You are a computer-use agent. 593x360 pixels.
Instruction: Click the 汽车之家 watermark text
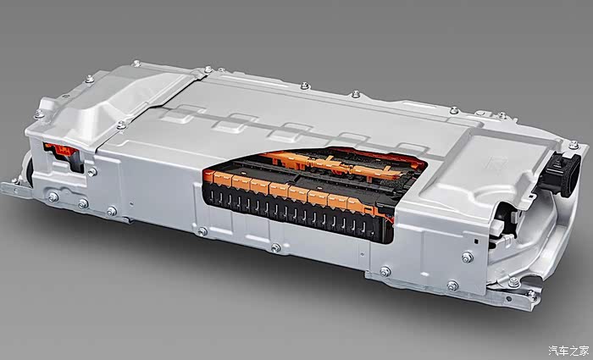coord(568,351)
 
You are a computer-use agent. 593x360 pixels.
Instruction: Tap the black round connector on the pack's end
coord(563,174)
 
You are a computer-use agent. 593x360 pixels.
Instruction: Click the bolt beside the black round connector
coord(574,145)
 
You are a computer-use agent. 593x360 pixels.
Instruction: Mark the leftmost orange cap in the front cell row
coord(208,176)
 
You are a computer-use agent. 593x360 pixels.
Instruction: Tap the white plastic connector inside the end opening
coord(498,226)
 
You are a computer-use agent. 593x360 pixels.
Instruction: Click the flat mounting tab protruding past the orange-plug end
coord(15,188)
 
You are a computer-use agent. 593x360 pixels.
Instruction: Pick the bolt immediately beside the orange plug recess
coord(91,172)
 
